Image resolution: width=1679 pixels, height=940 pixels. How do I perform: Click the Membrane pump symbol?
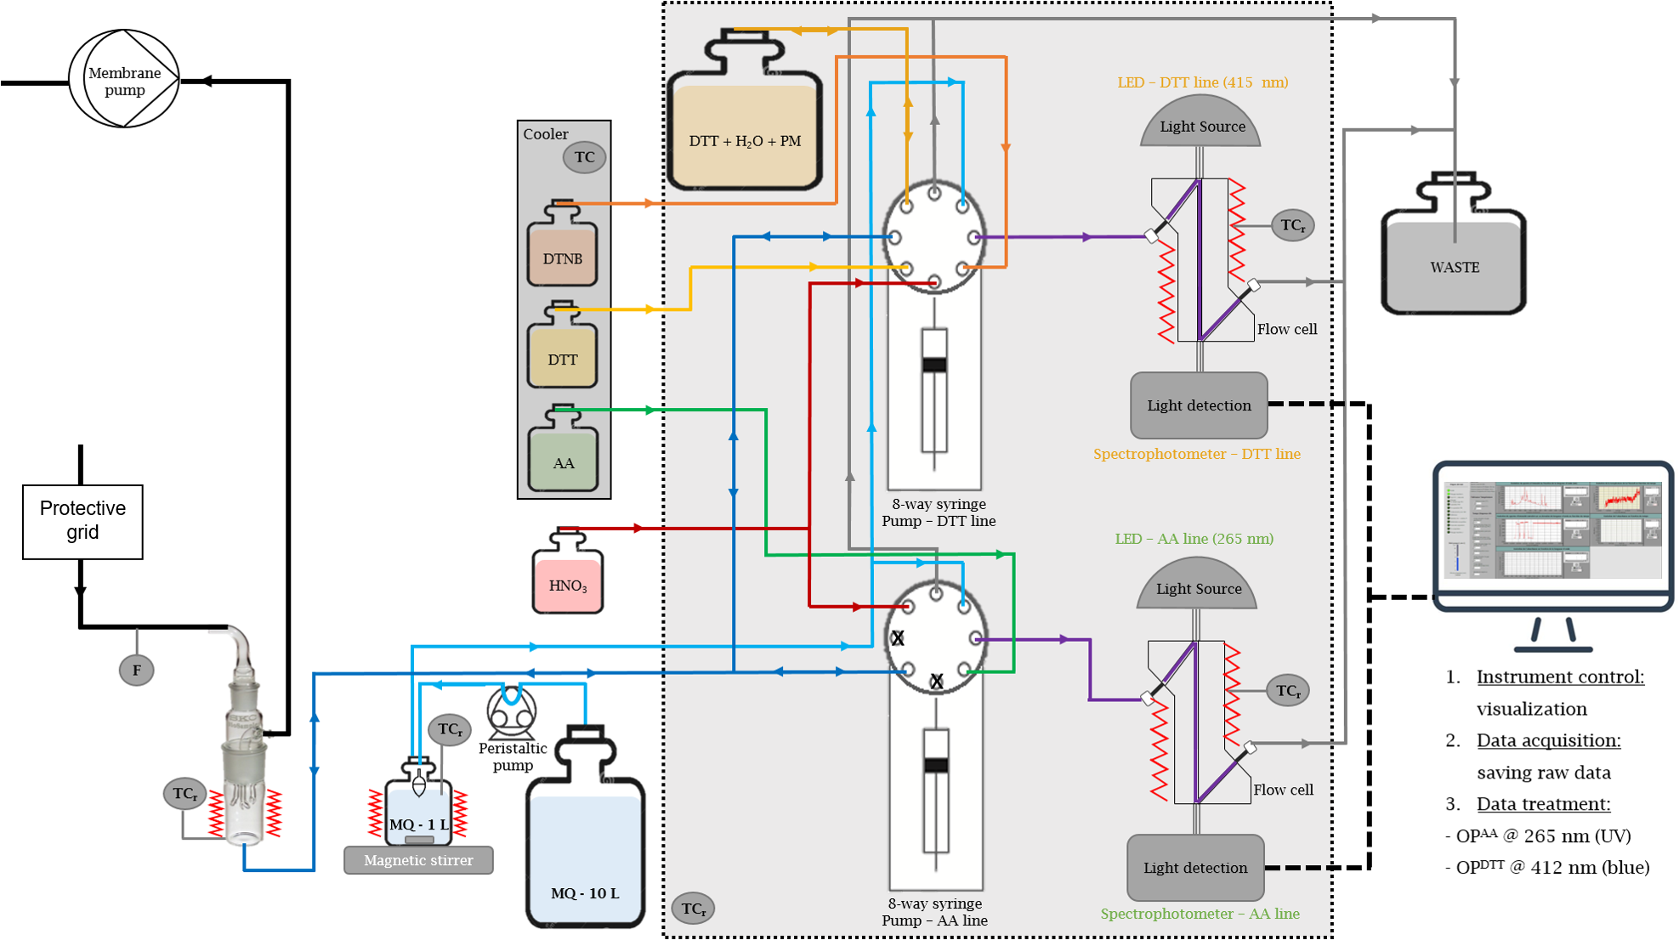click(x=124, y=79)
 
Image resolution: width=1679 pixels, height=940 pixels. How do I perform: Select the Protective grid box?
click(x=82, y=521)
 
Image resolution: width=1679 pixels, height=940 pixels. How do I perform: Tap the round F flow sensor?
click(x=136, y=670)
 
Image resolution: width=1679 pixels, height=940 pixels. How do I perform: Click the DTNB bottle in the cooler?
click(x=562, y=251)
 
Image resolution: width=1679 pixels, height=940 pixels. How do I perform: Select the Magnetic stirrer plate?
click(x=418, y=860)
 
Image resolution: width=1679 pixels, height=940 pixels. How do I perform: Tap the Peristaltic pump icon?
click(x=511, y=712)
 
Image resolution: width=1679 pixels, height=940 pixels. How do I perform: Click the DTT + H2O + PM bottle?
click(x=745, y=127)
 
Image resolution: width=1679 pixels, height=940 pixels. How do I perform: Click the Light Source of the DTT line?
click(x=1200, y=124)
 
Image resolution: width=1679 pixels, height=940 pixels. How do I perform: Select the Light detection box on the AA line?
click(x=1195, y=868)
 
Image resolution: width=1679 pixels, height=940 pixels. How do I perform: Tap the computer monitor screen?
click(x=1552, y=531)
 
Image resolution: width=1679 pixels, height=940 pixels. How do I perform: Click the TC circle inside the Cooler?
click(x=584, y=157)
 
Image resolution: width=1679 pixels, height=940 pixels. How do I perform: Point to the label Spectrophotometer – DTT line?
click(x=1196, y=454)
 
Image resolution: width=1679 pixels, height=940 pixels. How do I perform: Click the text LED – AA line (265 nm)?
click(x=1194, y=539)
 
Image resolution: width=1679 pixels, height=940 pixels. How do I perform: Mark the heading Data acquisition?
click(x=1548, y=740)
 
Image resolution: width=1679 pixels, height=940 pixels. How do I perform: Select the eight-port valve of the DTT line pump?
click(x=934, y=237)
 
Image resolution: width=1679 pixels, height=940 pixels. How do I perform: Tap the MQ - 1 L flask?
click(x=418, y=812)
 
